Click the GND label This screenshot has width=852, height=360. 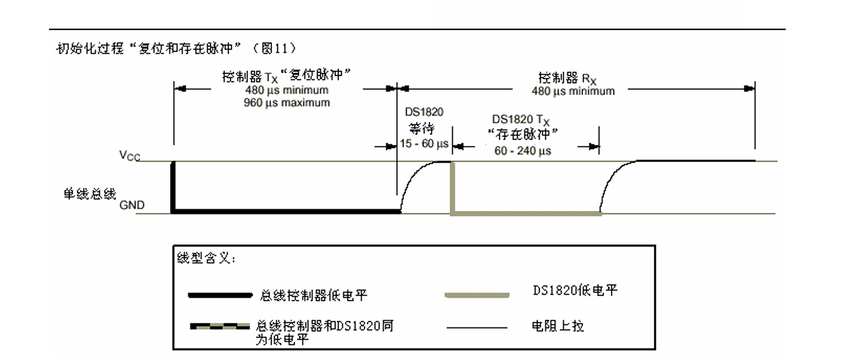click(132, 205)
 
